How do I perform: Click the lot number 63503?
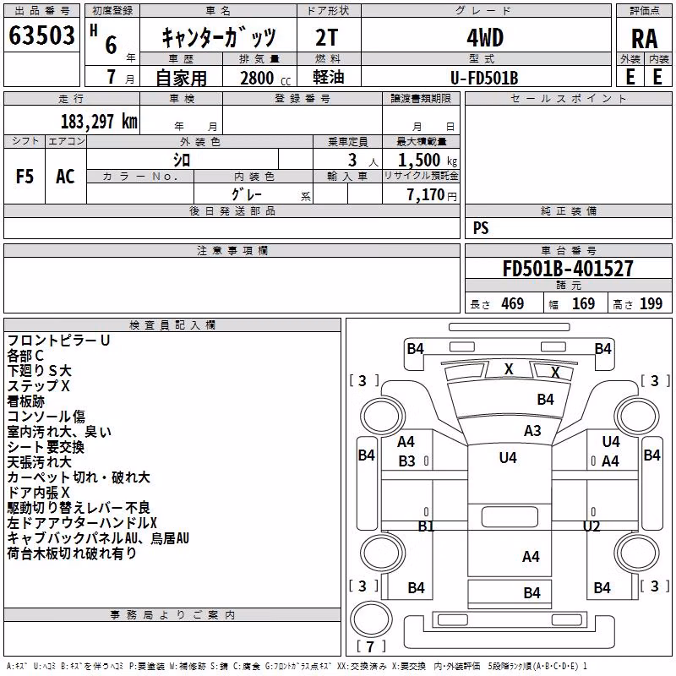[41, 35]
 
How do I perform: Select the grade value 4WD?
[485, 38]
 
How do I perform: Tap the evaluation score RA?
[645, 39]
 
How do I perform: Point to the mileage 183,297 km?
[99, 122]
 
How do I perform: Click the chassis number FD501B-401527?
[568, 268]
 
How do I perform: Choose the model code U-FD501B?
[484, 78]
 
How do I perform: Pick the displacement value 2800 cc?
[265, 78]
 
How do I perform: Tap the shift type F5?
[25, 177]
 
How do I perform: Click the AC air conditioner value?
[65, 177]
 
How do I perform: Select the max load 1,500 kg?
[428, 161]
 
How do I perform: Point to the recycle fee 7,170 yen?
[432, 195]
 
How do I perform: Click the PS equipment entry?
[481, 228]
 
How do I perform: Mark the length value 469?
[513, 303]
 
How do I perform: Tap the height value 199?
[651, 303]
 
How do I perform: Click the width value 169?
[583, 303]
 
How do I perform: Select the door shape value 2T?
[327, 38]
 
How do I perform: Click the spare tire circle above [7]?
[371, 619]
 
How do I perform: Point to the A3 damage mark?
[532, 431]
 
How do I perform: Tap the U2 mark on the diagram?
[591, 526]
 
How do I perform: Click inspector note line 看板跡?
[26, 401]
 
